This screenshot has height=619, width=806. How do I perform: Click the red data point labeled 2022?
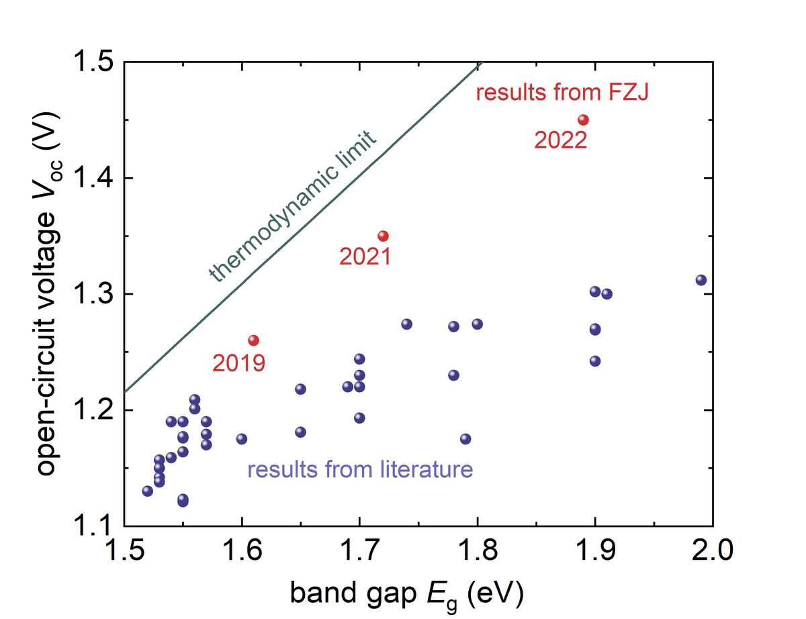click(583, 120)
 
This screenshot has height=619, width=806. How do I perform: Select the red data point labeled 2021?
click(383, 236)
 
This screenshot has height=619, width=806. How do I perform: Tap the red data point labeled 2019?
click(253, 340)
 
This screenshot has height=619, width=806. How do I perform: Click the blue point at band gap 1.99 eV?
click(701, 280)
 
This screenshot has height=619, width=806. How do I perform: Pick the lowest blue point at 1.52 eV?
click(148, 491)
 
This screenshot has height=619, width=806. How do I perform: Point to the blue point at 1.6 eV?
click(242, 439)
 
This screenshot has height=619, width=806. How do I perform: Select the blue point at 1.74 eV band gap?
click(406, 324)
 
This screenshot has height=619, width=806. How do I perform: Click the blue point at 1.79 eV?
click(465, 439)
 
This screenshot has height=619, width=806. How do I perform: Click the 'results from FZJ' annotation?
click(562, 93)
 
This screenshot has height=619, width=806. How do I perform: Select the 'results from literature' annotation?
click(361, 469)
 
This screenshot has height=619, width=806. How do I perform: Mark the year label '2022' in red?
click(561, 141)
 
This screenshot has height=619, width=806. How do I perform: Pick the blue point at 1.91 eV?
click(607, 294)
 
